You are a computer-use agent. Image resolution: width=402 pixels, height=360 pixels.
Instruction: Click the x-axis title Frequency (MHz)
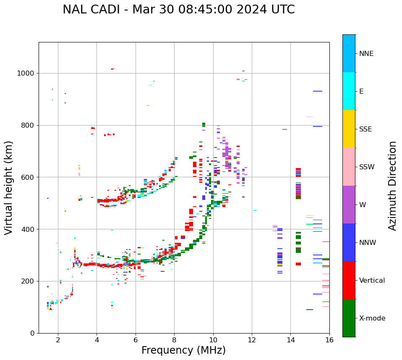(183, 350)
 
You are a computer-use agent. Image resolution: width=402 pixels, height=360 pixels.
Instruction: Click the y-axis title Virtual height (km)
(9, 188)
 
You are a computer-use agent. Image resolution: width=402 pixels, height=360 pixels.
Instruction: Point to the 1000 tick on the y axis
(26, 74)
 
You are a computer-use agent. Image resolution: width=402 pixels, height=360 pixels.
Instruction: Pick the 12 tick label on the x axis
(252, 340)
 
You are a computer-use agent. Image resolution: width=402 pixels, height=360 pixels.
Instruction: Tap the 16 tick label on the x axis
(329, 340)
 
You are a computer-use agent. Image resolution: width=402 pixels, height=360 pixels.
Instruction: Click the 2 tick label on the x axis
(58, 340)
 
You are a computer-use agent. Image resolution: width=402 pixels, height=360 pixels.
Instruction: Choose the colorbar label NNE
(366, 54)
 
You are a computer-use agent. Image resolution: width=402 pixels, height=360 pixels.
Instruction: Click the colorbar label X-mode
(372, 318)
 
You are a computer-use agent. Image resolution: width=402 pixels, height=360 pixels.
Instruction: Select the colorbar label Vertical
(372, 281)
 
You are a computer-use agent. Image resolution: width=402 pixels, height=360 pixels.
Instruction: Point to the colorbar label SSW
(367, 167)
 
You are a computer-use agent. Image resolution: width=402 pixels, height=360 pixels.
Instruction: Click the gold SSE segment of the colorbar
(349, 129)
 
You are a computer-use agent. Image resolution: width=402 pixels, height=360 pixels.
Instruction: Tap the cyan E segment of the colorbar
(349, 91)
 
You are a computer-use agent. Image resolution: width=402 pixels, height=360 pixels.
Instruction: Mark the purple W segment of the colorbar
(349, 205)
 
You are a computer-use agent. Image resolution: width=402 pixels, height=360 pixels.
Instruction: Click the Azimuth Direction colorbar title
(392, 186)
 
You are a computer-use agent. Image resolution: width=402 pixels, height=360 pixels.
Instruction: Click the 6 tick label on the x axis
(136, 340)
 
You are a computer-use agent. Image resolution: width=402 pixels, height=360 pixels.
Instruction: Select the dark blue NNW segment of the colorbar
(349, 242)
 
